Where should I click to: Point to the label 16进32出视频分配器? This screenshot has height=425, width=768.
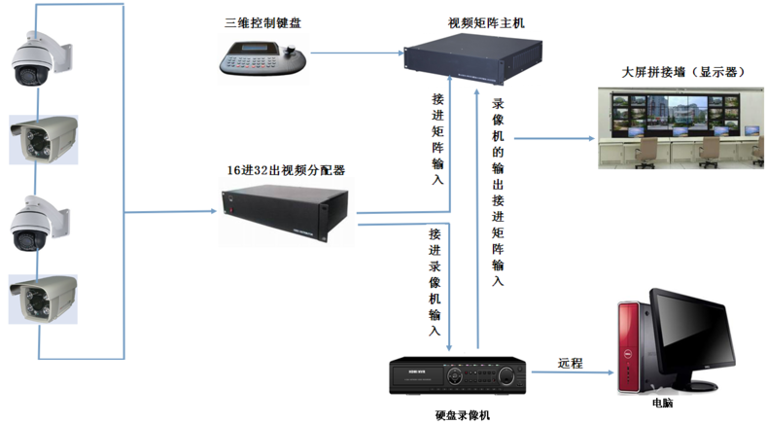(x=287, y=169)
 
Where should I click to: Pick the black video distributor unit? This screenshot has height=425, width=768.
(x=288, y=213)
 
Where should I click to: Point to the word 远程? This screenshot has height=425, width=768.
(x=570, y=363)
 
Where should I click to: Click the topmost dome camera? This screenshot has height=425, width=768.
(x=38, y=56)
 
